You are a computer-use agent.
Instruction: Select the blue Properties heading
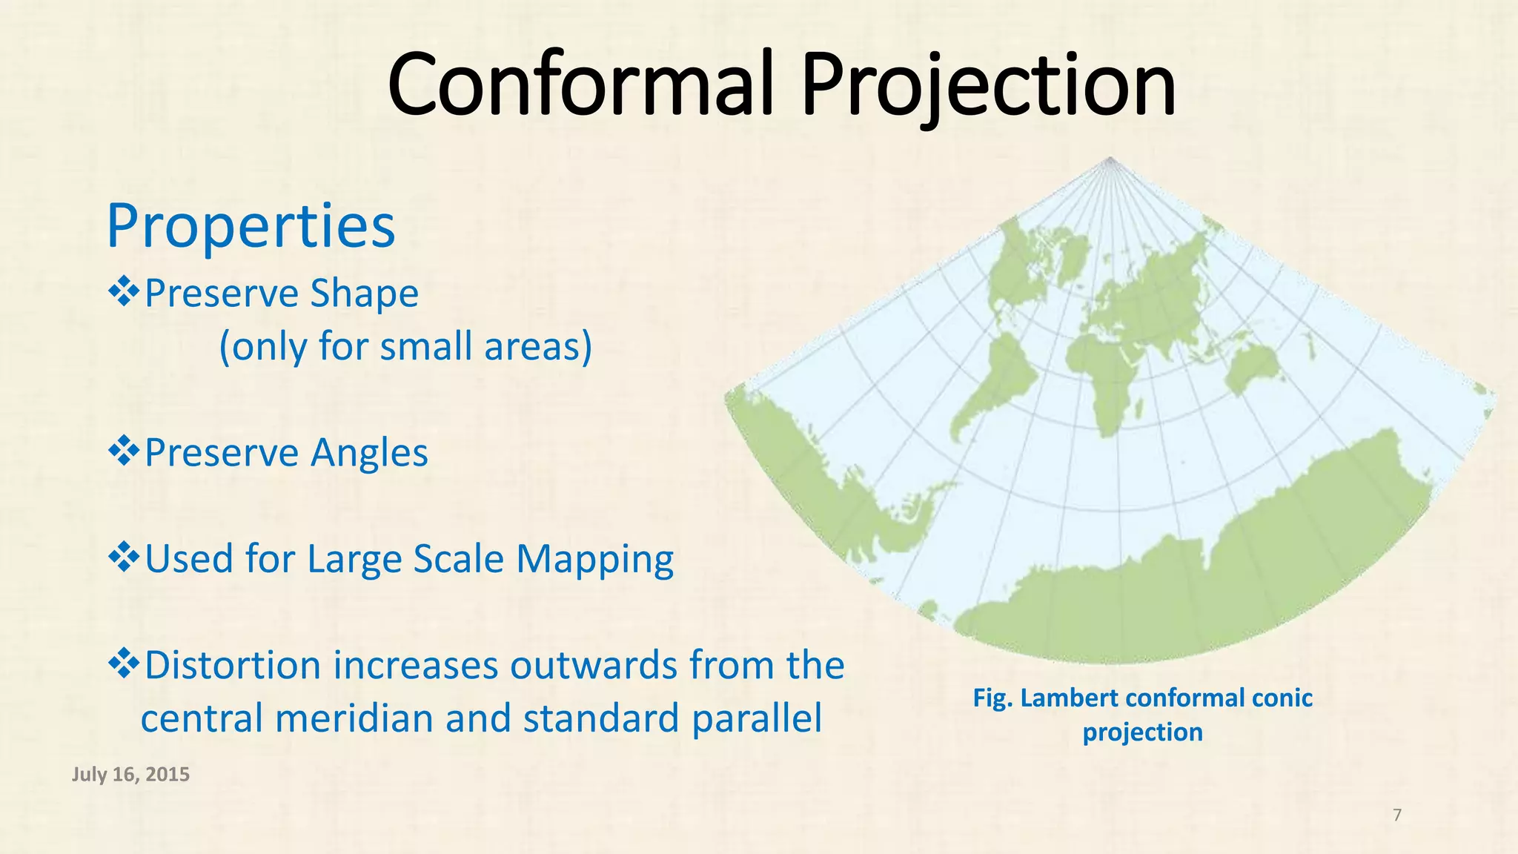(251, 226)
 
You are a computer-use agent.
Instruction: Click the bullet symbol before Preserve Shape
(123, 292)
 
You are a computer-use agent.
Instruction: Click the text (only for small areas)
(405, 346)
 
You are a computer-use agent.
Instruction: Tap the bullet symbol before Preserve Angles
(123, 451)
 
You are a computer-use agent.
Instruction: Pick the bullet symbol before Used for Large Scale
(123, 557)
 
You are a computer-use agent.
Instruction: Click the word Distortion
(233, 665)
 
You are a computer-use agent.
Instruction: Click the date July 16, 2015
(130, 775)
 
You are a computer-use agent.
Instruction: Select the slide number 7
(1397, 815)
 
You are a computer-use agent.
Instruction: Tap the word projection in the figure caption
(1142, 732)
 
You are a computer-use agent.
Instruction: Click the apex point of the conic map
(1110, 158)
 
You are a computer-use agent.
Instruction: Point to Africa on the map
(1112, 371)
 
